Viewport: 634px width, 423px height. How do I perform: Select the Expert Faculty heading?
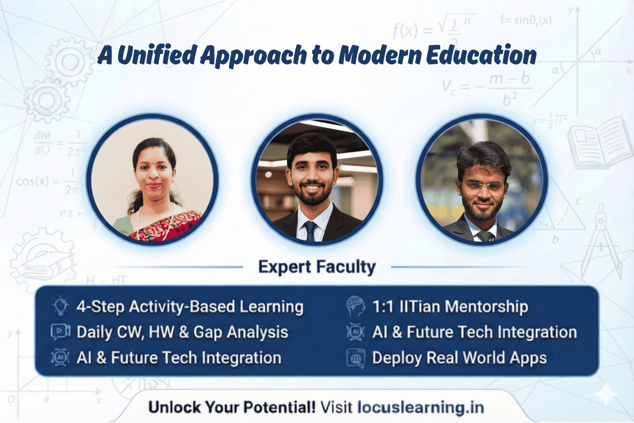click(317, 267)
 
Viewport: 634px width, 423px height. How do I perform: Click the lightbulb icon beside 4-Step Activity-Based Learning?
click(61, 306)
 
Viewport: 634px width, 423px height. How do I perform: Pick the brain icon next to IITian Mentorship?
click(355, 306)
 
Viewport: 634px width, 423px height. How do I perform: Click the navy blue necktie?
click(310, 231)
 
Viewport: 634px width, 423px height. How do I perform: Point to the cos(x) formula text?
click(32, 181)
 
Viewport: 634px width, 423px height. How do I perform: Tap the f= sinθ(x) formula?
click(526, 21)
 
